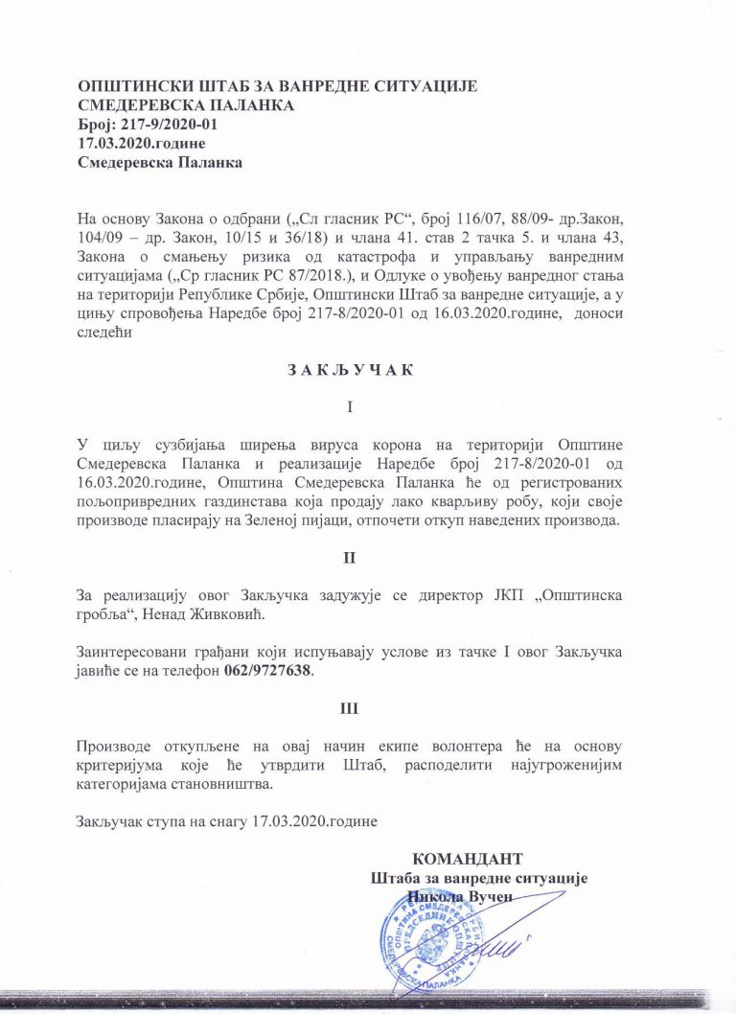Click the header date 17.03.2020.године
pyautogui.click(x=141, y=144)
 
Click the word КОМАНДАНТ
pyautogui.click(x=468, y=859)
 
